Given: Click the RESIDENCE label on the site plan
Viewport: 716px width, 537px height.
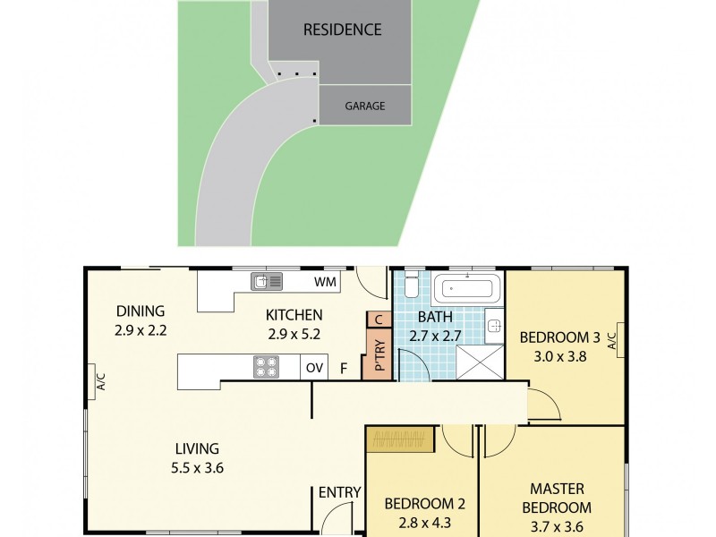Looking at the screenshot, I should point(342,30).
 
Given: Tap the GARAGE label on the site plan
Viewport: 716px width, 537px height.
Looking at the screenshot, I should point(365,106).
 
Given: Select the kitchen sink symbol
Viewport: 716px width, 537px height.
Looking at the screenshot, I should point(267,282).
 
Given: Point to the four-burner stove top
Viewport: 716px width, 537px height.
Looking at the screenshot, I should point(268,367).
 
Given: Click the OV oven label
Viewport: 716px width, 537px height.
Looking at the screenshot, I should point(314,368).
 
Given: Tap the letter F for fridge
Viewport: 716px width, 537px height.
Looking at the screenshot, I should point(344,368).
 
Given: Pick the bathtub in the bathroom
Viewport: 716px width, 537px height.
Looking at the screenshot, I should point(466,289).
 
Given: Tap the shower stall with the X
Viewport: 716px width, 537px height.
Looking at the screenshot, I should point(481,362).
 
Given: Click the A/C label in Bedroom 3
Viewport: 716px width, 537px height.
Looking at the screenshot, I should point(612,340).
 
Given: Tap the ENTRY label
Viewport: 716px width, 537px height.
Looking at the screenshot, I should point(339,492).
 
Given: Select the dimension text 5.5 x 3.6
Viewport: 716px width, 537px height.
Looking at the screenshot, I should point(197,466).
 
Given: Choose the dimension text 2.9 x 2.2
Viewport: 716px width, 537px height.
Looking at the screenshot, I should point(141,329).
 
